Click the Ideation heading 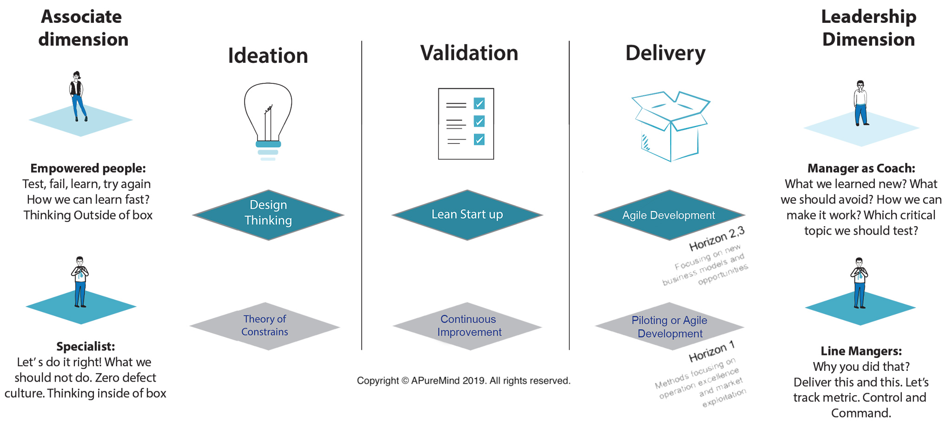(268, 56)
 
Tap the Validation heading (469, 53)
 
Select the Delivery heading (665, 53)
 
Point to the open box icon (670, 126)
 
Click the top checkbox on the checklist (479, 103)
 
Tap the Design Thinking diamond (268, 215)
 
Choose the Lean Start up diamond (467, 215)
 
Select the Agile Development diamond (669, 215)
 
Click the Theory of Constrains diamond (265, 326)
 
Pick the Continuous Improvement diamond (469, 326)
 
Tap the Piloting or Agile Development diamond (669, 327)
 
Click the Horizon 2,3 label (716, 239)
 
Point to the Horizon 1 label (712, 352)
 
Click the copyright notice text (463, 381)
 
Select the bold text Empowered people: (88, 168)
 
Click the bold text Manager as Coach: (861, 168)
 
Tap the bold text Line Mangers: (861, 351)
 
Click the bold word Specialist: (86, 346)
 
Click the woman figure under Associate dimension (77, 96)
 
